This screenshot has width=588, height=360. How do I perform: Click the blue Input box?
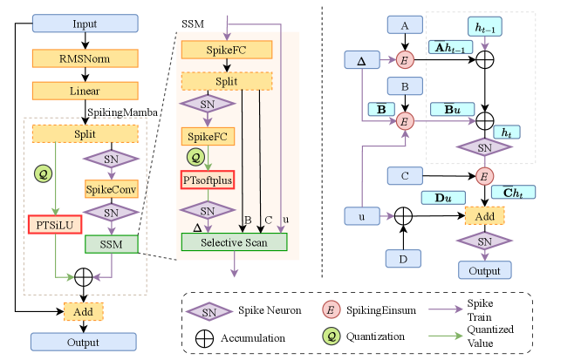(85, 23)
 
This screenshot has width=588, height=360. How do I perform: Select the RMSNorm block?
(85, 58)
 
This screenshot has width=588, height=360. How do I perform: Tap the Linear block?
(85, 91)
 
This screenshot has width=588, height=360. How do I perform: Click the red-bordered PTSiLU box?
(54, 225)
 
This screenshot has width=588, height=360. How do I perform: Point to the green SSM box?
(111, 244)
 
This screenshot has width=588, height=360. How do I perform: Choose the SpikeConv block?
(111, 188)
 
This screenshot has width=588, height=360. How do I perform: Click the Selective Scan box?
(234, 241)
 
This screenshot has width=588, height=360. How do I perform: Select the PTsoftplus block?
(208, 180)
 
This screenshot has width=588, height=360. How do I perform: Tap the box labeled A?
(405, 26)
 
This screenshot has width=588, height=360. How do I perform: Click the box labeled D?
(404, 258)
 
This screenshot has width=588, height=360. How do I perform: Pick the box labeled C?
(405, 176)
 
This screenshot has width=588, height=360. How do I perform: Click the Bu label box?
(452, 109)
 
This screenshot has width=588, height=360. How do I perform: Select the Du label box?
(442, 198)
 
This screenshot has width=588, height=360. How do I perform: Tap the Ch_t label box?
(513, 192)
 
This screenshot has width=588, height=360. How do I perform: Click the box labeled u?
(361, 215)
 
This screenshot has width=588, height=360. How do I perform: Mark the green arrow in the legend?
(445, 335)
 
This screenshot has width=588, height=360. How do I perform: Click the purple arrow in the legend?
(445, 309)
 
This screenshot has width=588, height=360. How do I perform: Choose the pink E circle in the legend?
(331, 309)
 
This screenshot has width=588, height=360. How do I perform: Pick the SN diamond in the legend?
(209, 311)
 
